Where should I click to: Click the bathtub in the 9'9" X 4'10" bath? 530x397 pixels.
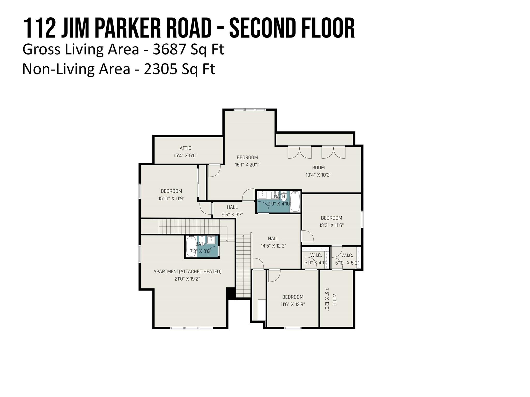point(295,201)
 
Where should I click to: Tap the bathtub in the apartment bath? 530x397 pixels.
point(191,246)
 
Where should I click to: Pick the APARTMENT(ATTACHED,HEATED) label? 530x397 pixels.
point(187,272)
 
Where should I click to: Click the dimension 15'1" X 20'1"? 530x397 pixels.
point(247,165)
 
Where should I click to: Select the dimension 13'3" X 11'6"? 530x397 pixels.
point(331,225)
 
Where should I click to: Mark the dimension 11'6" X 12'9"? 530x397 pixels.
point(293,304)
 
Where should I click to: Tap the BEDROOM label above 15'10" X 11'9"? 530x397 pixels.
point(171,191)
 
